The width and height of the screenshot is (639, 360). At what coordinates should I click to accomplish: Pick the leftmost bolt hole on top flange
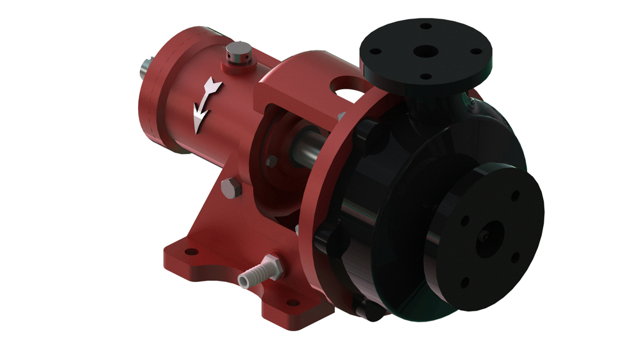point(376,51)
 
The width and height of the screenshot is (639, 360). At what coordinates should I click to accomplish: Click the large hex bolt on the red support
point(230,188)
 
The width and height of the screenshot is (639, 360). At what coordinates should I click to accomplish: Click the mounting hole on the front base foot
point(293,302)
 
